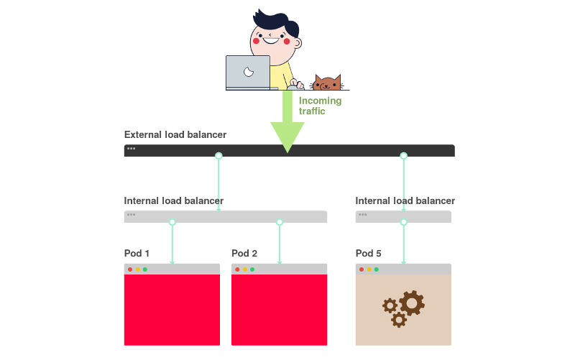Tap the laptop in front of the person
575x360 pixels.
click(248, 72)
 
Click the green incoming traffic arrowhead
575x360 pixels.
click(287, 136)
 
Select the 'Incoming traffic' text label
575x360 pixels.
click(320, 106)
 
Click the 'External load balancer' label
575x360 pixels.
click(175, 134)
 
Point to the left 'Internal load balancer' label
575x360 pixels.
click(174, 200)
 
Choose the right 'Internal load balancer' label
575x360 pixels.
click(405, 200)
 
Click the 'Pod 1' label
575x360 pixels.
click(137, 254)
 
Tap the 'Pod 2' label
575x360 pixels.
click(244, 254)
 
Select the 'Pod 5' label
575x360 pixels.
click(369, 254)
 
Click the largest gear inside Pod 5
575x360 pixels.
click(412, 303)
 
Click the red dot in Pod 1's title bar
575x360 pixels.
click(130, 269)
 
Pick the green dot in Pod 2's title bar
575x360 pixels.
click(252, 269)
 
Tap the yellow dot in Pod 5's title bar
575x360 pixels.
click(369, 269)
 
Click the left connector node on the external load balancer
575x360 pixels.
click(218, 156)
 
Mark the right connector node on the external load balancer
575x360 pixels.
click(403, 156)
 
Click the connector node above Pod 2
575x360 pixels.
click(280, 223)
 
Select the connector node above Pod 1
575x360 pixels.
click(172, 223)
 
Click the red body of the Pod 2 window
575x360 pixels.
click(280, 310)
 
